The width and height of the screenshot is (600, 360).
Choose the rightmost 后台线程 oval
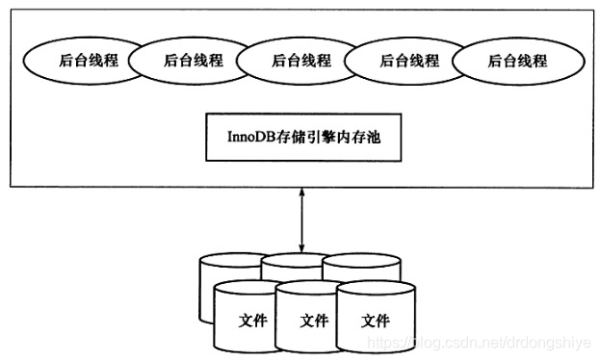click(516, 61)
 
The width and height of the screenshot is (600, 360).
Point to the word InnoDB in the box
click(247, 138)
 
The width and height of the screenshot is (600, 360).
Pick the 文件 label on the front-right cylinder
click(376, 321)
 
